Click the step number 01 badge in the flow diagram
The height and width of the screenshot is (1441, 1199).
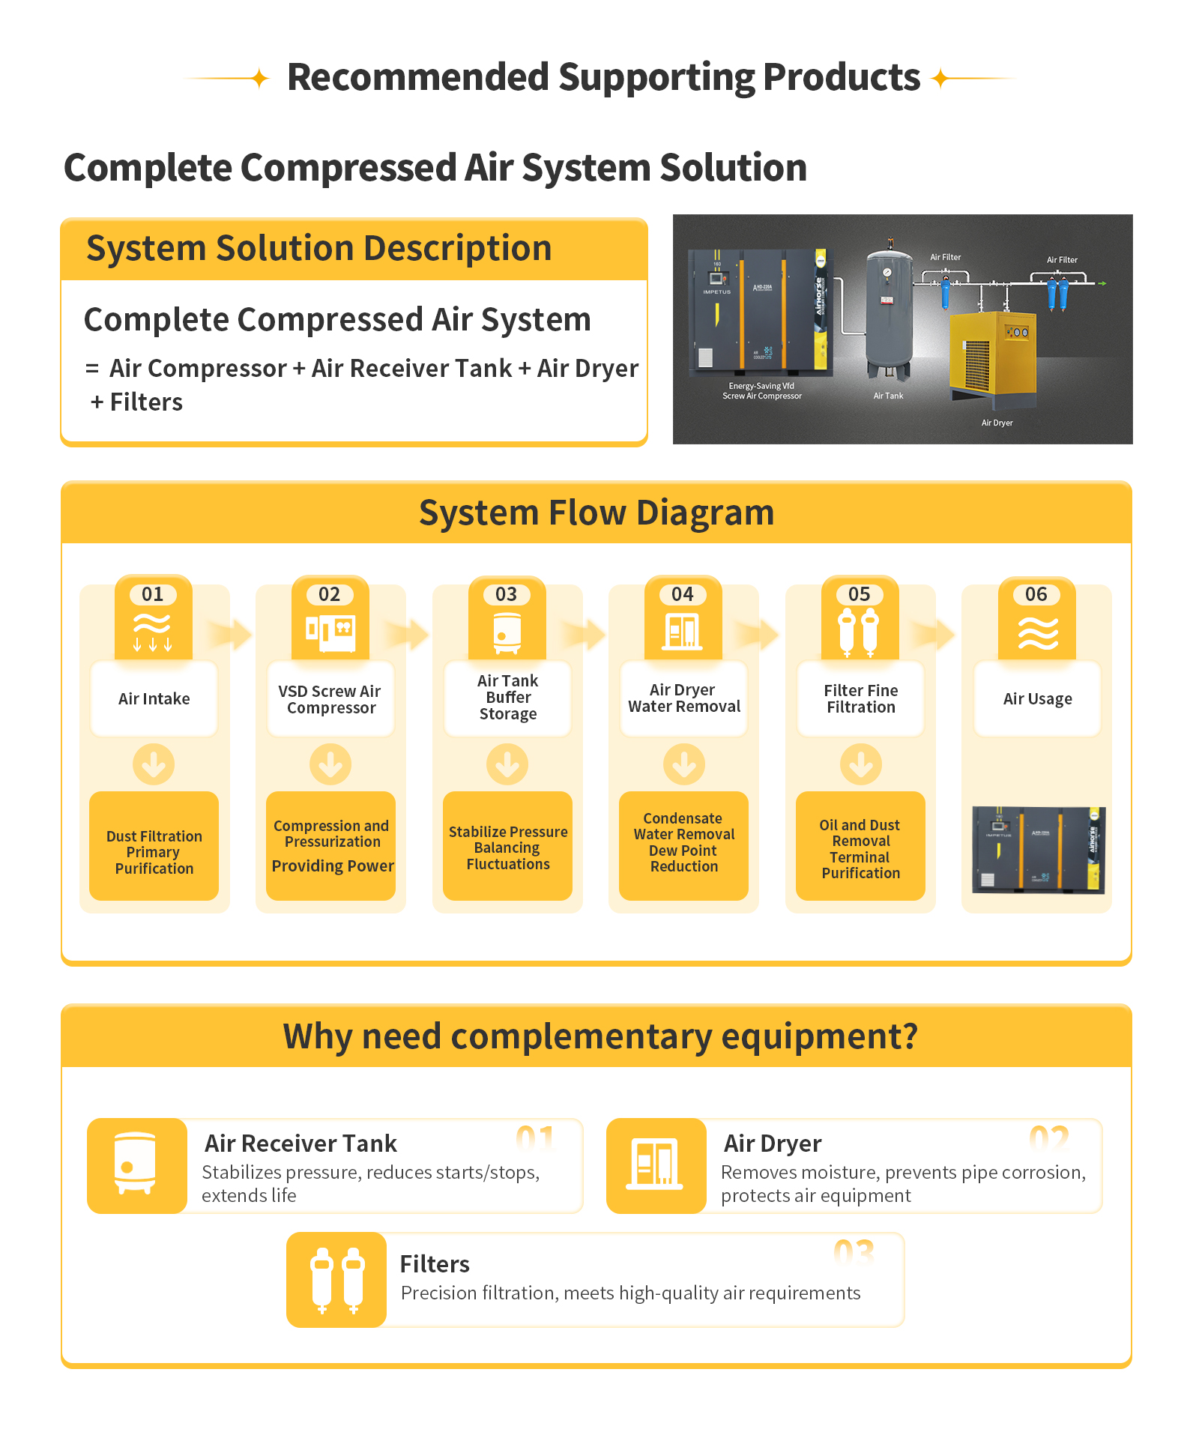153,594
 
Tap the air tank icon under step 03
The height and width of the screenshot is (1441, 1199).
507,632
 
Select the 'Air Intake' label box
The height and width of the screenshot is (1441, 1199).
154,698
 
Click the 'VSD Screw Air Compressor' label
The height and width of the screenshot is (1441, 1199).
330,699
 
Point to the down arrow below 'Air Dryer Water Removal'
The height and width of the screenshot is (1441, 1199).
684,764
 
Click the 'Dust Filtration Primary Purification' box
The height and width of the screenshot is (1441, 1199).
154,846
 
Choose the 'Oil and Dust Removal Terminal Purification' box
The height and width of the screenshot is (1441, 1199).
860,846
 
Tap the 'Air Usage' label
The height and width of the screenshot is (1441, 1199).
1037,699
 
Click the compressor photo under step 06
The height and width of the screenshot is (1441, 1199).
1038,850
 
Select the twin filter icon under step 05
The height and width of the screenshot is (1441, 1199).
859,632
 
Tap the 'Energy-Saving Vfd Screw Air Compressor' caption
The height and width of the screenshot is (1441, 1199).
761,391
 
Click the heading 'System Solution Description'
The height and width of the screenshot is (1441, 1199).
319,248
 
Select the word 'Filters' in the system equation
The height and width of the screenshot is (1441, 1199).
146,402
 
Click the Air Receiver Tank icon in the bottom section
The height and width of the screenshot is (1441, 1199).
136,1165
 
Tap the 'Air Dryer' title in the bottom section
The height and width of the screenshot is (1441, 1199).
773,1144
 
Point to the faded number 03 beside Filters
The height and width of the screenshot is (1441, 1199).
854,1252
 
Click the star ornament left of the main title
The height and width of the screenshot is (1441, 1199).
259,78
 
